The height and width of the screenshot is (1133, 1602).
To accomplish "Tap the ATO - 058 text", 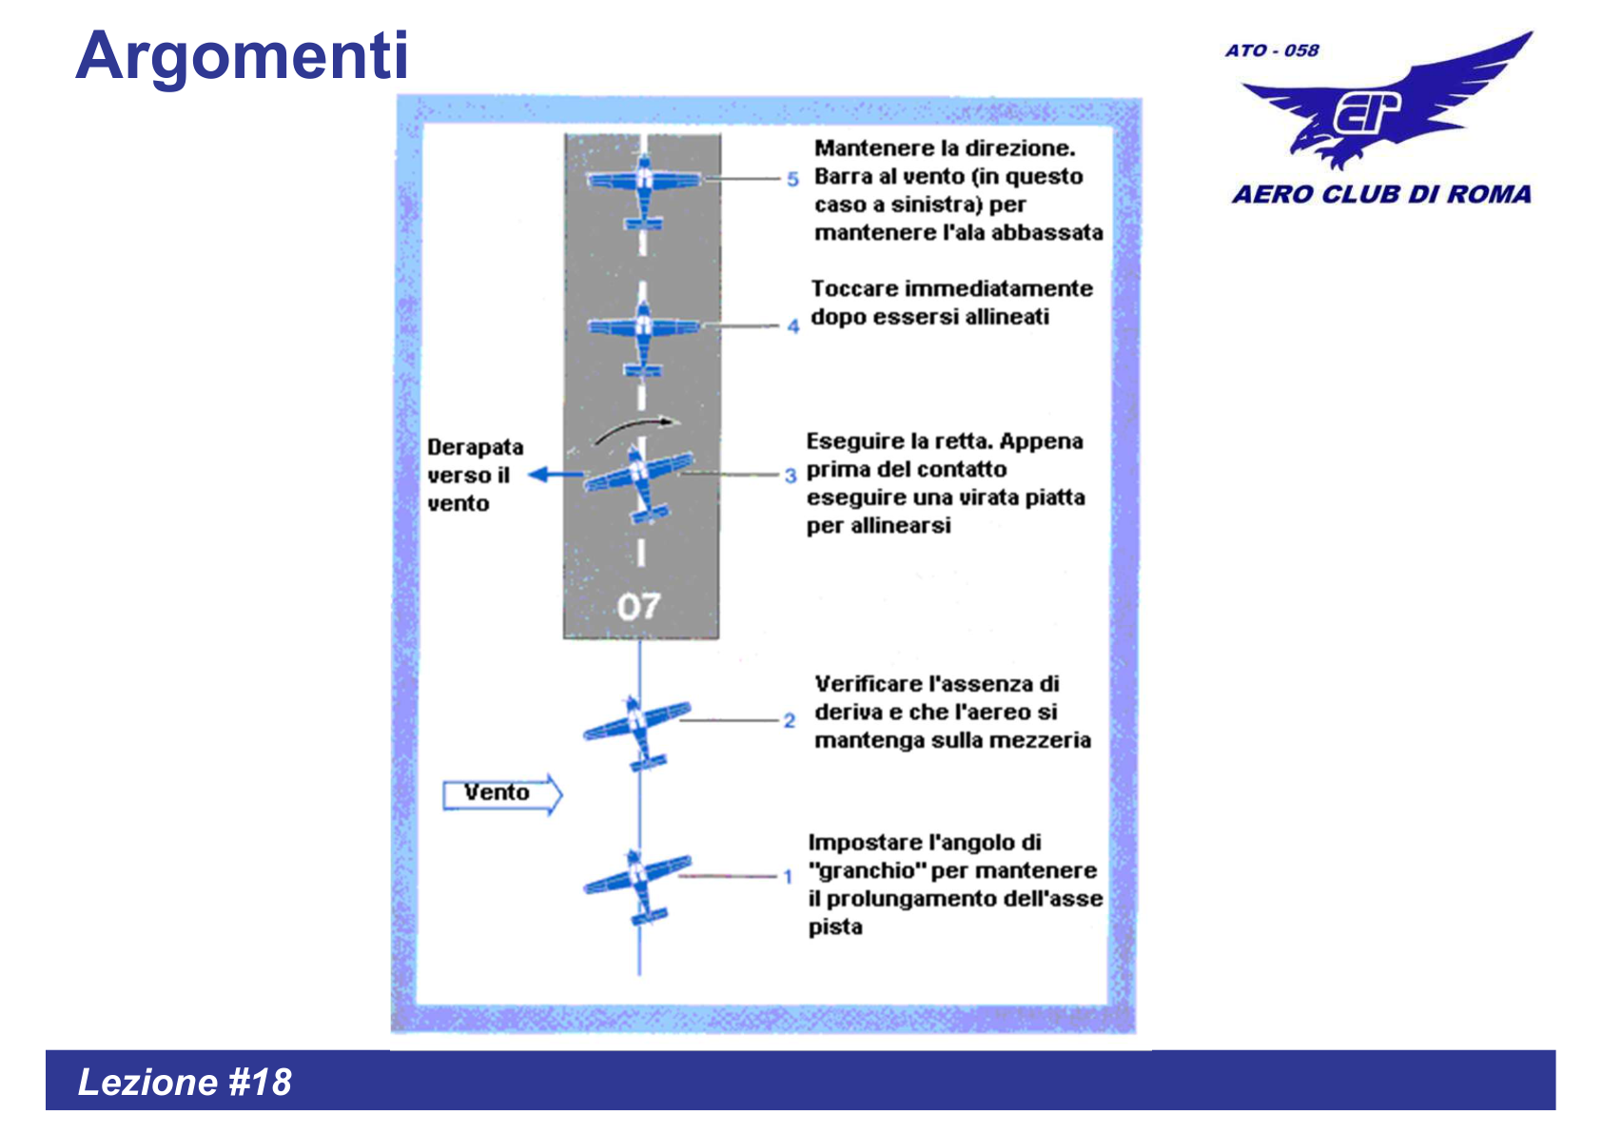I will (1272, 50).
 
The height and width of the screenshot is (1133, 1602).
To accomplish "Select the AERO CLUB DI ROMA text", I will (1381, 194).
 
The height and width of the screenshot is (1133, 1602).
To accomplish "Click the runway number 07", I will (638, 606).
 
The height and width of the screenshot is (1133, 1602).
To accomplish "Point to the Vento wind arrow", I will (502, 793).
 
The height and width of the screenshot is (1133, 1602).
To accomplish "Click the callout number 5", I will (792, 179).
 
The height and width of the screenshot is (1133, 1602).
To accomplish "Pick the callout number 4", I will (792, 326).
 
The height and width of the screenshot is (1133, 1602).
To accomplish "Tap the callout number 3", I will (791, 475).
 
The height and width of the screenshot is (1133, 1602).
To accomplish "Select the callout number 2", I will (790, 720).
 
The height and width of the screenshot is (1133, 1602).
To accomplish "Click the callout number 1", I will (788, 876).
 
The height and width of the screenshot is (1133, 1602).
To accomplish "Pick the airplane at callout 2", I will (637, 728).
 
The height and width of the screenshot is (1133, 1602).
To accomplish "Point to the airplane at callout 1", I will (637, 882).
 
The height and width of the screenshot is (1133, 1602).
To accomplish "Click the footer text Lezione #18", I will (185, 1082).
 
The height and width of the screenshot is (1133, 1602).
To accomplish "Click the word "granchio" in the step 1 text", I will (867, 870).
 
